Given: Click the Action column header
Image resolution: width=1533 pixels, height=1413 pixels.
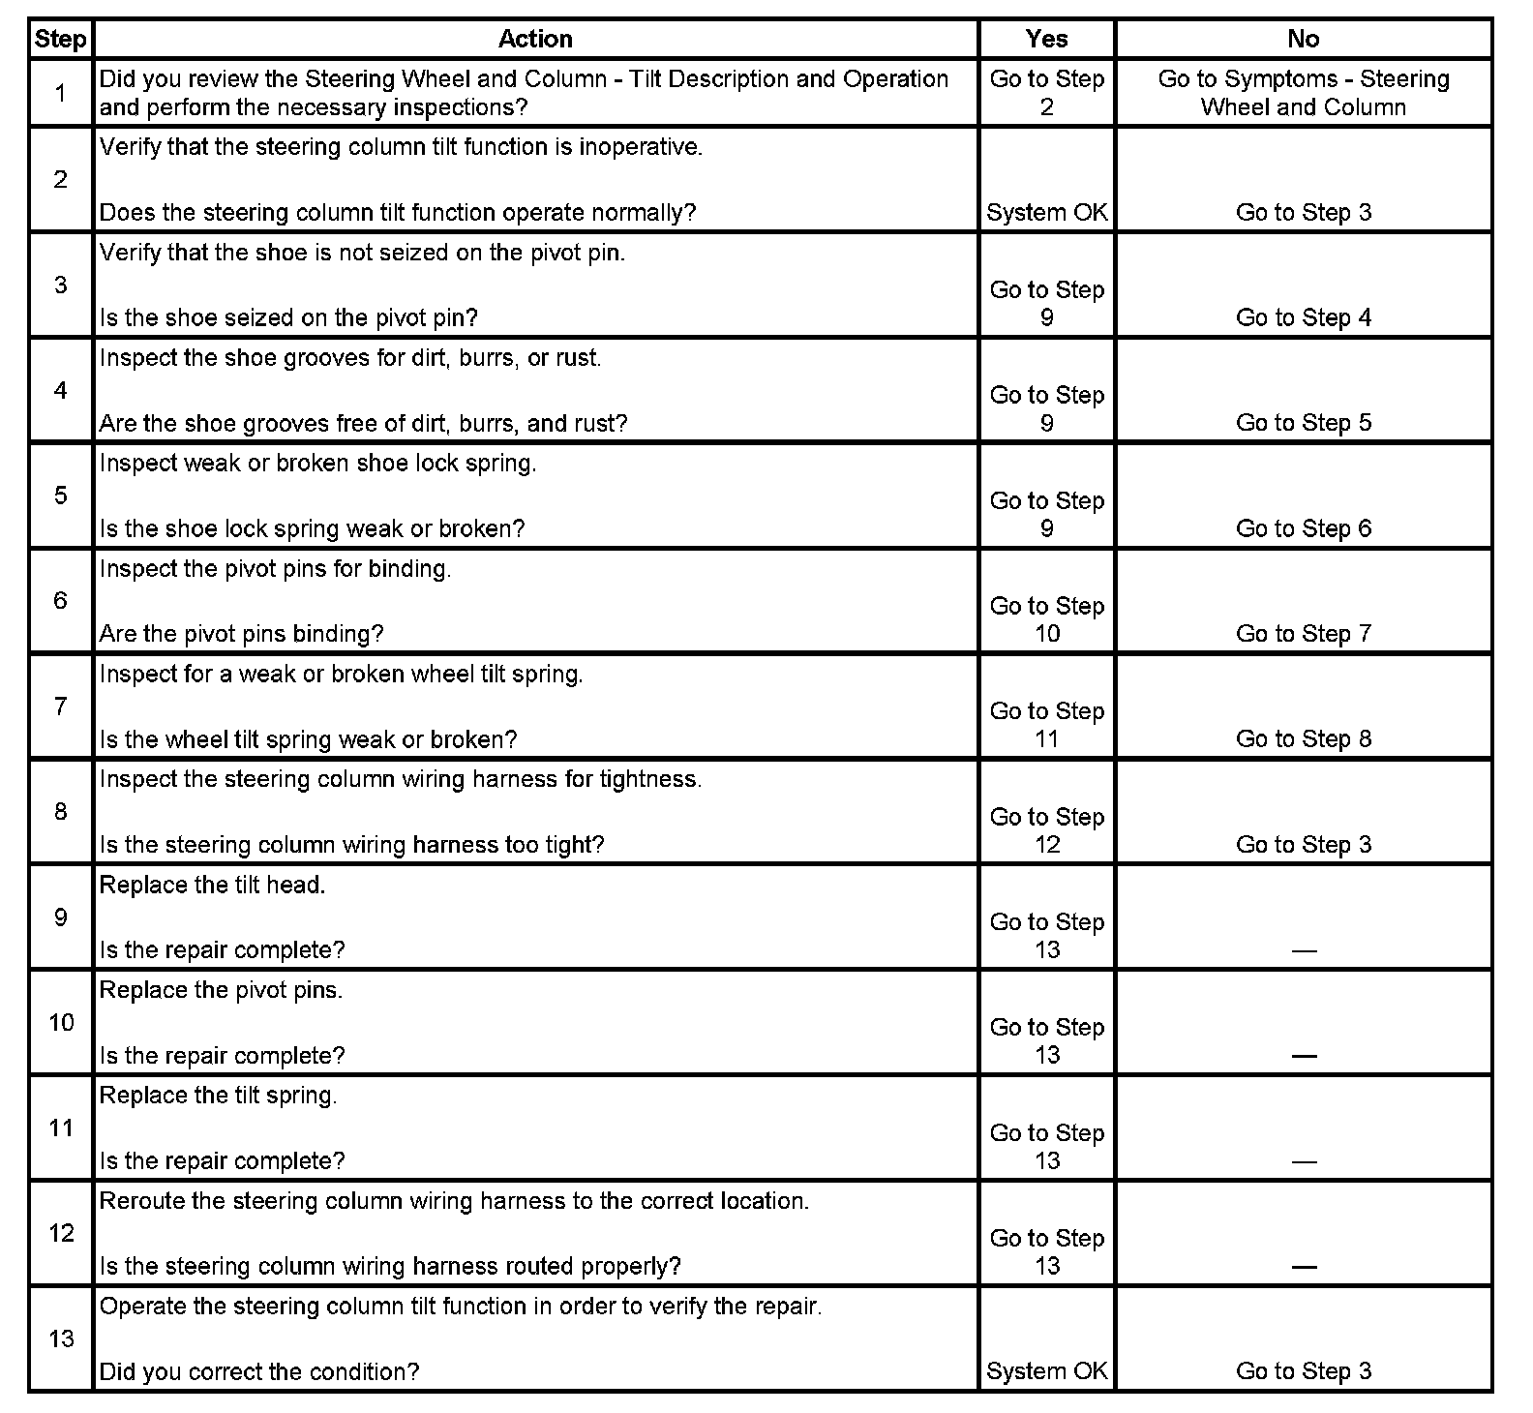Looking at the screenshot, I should (535, 39).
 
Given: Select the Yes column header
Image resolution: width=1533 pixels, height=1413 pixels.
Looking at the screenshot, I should (1046, 39).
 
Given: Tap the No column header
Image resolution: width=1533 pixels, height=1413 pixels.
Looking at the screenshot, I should (1303, 39).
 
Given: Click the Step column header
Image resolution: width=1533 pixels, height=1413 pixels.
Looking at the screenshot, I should (60, 39).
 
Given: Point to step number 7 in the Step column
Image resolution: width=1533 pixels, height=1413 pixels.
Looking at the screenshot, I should (60, 706).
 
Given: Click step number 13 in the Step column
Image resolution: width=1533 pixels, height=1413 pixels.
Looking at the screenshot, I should (61, 1338).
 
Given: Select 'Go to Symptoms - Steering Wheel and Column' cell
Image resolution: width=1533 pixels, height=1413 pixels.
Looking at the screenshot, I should (1303, 93).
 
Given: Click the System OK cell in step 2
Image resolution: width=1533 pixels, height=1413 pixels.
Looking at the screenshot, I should (1046, 213).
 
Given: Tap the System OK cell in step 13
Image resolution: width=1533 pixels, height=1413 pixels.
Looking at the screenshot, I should (1046, 1371).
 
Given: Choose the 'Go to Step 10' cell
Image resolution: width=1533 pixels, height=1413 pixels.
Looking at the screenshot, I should (1046, 619).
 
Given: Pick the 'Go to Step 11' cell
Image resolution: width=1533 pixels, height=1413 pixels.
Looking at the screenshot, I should (1046, 725).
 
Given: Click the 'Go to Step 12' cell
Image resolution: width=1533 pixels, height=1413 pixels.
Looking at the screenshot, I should (1046, 830).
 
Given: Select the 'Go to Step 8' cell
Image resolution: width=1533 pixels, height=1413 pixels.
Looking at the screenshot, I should (1303, 739).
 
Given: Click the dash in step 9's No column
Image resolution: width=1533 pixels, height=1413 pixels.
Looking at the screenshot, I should (1303, 950).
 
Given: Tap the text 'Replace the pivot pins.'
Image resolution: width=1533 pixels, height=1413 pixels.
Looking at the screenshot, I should (221, 991).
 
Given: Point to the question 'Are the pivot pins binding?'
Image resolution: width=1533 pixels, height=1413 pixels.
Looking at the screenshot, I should (241, 634).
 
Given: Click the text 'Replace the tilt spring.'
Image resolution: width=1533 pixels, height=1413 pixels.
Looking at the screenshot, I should (218, 1097).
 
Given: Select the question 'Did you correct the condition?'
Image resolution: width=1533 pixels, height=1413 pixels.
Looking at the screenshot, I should (259, 1371).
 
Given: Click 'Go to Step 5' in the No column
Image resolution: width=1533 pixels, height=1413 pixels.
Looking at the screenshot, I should (1303, 423).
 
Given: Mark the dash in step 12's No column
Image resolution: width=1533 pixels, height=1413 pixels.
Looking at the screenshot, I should (1303, 1267).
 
